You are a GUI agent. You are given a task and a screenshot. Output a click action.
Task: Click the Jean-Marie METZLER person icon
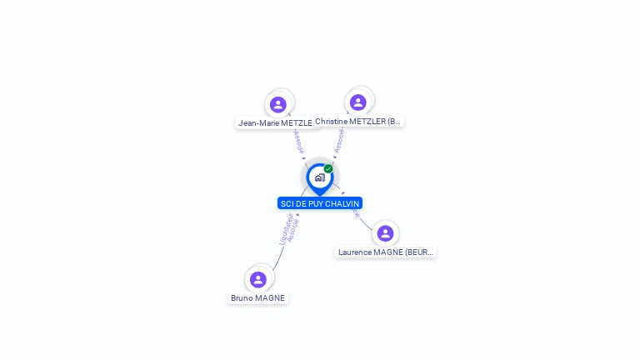[x=278, y=104]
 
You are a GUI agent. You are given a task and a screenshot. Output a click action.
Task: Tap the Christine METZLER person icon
[x=358, y=102]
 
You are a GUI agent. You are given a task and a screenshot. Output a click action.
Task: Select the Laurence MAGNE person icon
[x=385, y=233]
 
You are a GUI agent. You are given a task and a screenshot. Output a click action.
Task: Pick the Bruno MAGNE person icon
[x=258, y=279]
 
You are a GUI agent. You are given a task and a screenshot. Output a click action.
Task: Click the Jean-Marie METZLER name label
[x=276, y=122]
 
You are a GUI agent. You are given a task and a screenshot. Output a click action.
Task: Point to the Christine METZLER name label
[x=358, y=121]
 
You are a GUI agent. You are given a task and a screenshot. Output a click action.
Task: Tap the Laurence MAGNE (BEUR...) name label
[x=386, y=252]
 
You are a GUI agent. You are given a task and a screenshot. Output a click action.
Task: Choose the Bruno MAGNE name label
[x=258, y=297]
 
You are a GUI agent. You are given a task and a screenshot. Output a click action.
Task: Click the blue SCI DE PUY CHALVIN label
[x=320, y=203]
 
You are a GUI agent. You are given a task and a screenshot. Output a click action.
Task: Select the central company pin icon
[x=319, y=177]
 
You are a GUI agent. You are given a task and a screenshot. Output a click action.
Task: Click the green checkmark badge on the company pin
[x=328, y=169]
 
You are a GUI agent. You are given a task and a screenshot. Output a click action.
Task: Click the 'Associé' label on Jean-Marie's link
[x=299, y=142]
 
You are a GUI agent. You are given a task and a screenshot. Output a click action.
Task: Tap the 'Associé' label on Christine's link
[x=339, y=141]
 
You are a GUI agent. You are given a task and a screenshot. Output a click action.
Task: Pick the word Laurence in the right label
[x=356, y=252]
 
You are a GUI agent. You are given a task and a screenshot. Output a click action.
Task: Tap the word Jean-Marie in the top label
[x=258, y=122]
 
